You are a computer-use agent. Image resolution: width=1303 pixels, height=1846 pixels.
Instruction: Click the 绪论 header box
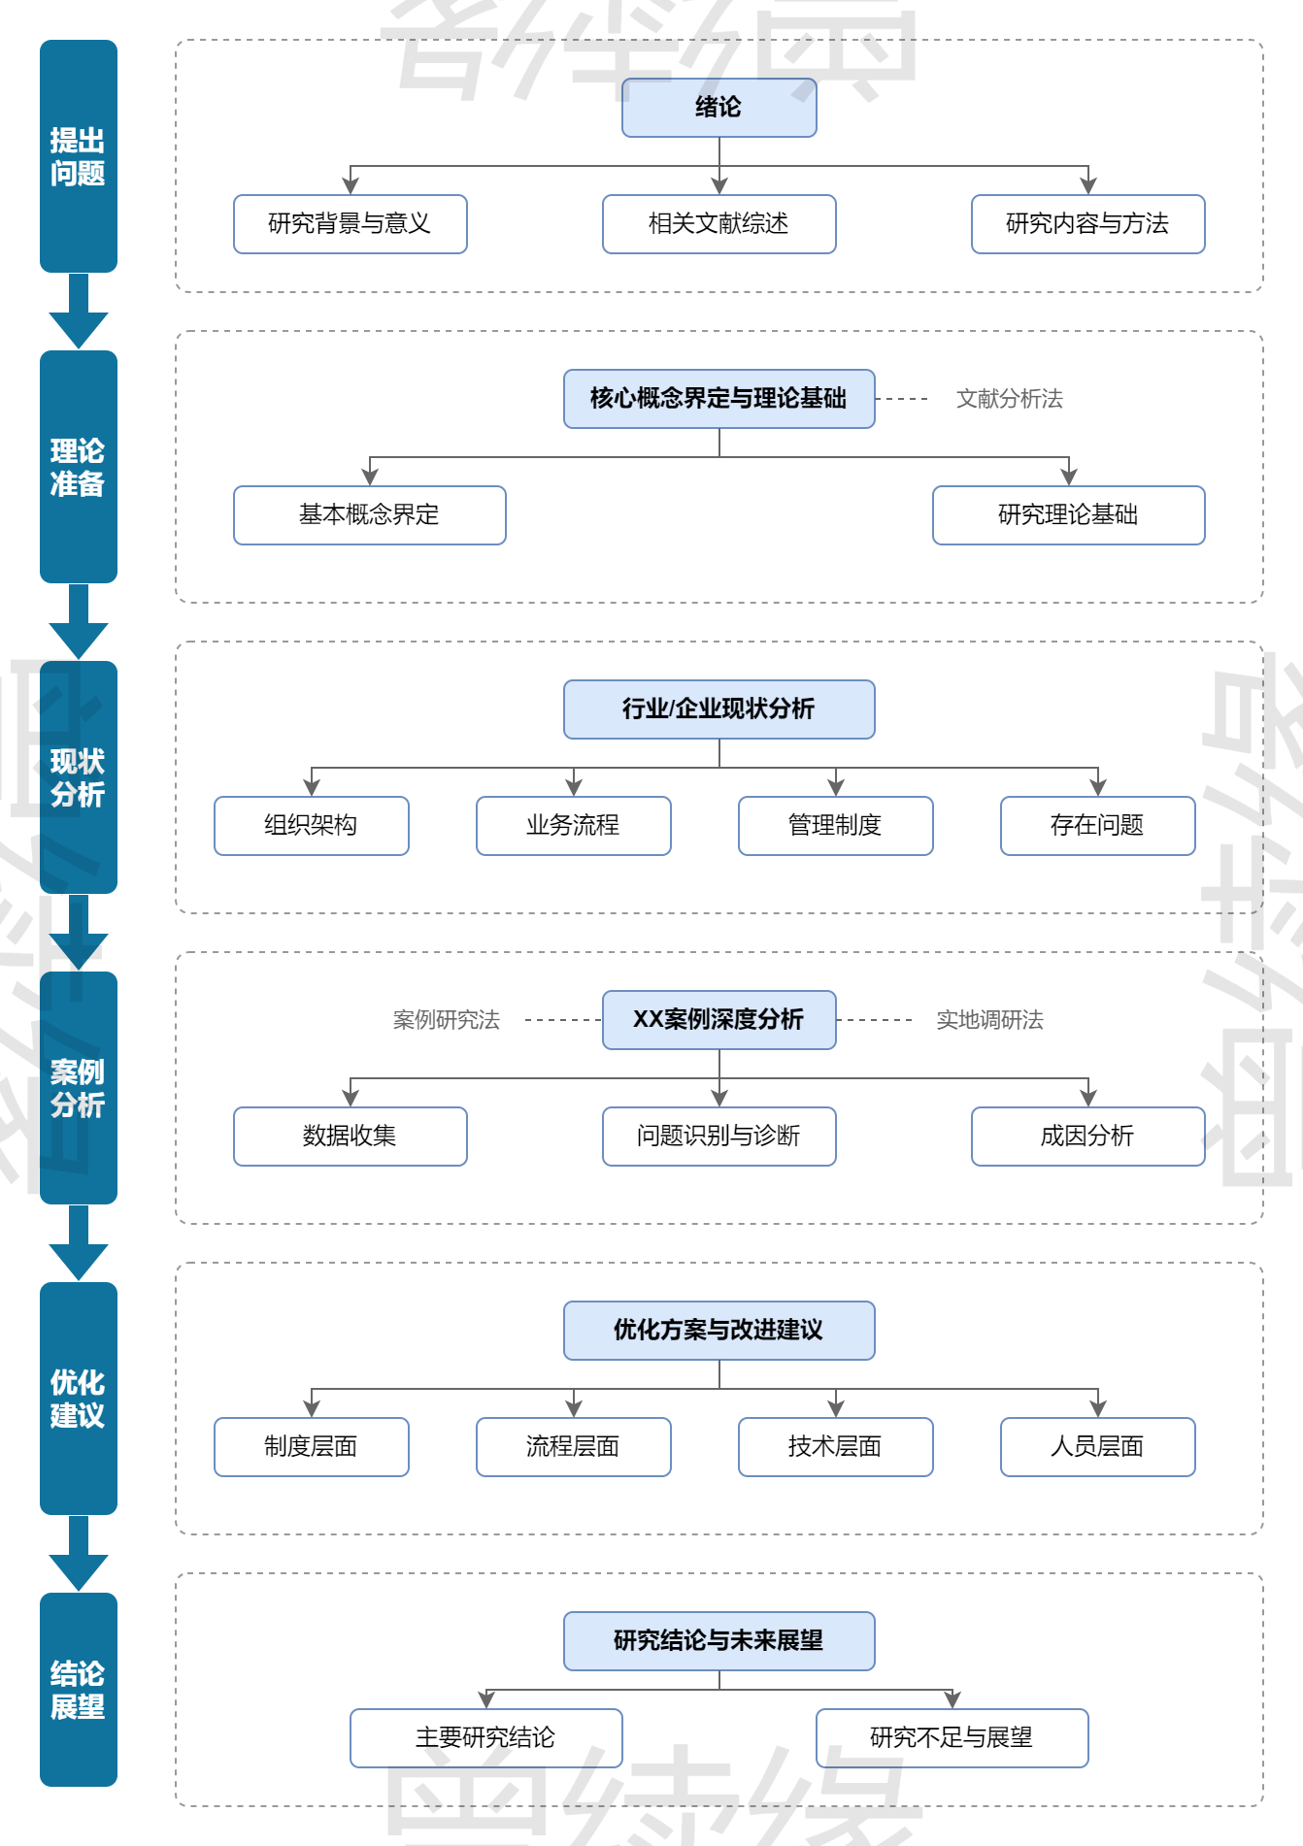point(718,108)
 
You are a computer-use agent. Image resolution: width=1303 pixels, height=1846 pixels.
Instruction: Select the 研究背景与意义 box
point(350,224)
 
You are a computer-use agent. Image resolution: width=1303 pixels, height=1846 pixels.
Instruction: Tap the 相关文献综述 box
point(718,224)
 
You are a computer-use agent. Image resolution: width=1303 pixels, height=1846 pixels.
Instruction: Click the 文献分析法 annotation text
point(1009,399)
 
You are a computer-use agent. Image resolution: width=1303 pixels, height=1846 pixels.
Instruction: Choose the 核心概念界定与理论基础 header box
point(718,399)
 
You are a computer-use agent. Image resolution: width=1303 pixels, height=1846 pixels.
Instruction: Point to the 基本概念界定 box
point(369,515)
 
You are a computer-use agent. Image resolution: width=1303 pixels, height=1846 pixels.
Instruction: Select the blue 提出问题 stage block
point(78,156)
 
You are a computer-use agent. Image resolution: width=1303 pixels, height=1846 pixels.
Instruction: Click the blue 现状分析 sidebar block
point(78,777)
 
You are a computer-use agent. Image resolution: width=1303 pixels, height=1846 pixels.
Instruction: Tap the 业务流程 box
point(573,826)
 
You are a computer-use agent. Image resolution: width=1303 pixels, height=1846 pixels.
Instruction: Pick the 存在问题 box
point(1097,826)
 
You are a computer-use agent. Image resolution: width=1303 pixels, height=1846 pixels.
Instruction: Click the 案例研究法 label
point(446,1020)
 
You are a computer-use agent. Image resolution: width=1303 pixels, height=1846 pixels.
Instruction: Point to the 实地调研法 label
point(989,1020)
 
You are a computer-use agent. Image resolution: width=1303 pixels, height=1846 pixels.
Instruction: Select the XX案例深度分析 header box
point(718,1020)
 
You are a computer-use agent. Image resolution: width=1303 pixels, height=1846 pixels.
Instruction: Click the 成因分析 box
point(1087,1137)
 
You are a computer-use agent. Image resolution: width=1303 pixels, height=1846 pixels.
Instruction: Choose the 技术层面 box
point(835,1447)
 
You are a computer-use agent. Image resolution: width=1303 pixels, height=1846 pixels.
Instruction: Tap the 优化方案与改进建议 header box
point(718,1331)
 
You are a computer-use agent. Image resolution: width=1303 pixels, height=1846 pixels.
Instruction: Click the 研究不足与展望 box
point(952,1738)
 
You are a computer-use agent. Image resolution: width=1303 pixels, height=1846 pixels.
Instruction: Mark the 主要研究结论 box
point(485,1738)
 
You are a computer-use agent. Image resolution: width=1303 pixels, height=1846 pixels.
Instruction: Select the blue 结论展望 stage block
point(78,1690)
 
